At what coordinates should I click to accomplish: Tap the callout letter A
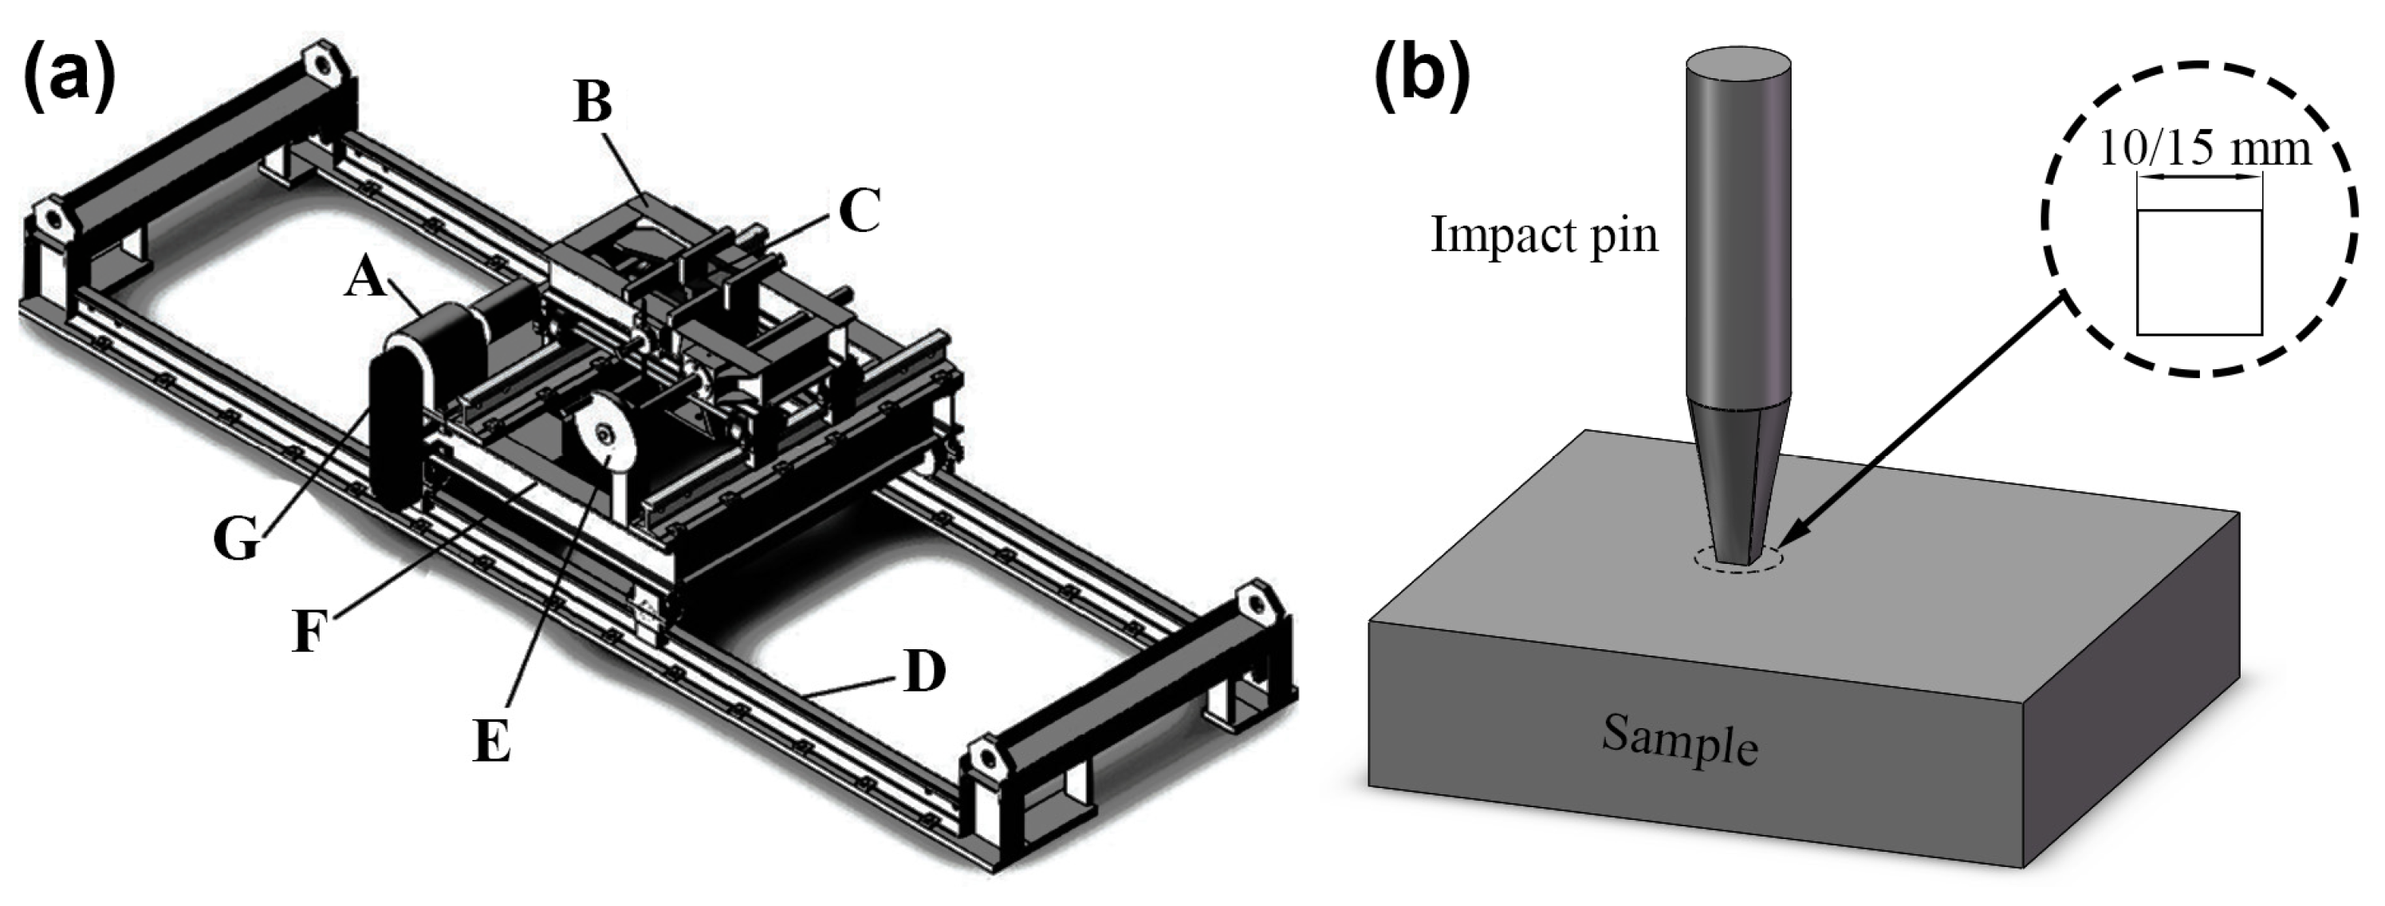coord(367,276)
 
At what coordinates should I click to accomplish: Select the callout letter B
coord(592,101)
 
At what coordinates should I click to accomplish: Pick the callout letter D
coord(924,672)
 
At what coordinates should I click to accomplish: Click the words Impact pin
coord(1544,234)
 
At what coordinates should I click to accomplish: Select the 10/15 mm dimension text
coord(2203,148)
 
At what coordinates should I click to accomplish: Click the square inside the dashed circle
coord(2199,271)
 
